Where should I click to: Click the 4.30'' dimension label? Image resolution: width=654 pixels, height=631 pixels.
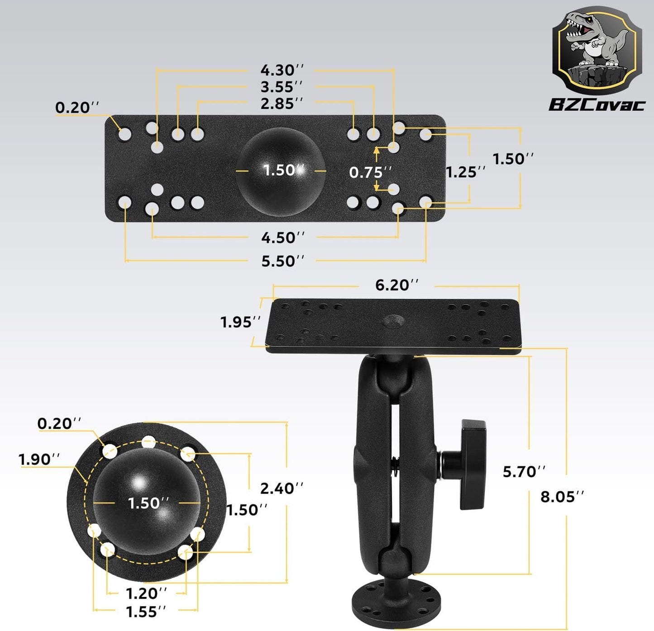[282, 70]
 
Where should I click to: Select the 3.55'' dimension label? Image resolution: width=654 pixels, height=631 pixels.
[282, 86]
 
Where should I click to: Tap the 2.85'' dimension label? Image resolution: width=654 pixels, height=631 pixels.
[282, 104]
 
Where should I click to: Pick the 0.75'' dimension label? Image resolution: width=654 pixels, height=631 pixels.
[370, 172]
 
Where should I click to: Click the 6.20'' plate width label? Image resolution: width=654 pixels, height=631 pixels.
[396, 285]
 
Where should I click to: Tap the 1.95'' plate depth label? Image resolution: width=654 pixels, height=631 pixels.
[240, 322]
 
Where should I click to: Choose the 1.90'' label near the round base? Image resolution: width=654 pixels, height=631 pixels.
[39, 459]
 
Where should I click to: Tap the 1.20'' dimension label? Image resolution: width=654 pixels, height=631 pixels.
[146, 593]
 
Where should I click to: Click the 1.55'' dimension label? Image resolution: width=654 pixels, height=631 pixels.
[146, 612]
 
